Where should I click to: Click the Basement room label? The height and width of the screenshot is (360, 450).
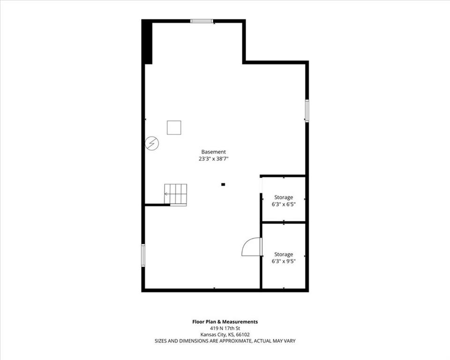tap(214, 152)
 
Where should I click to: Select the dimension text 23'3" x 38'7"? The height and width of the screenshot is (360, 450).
tap(214, 158)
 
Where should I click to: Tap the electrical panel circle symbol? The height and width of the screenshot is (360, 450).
tap(152, 143)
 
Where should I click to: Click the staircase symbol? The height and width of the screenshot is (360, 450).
tap(176, 195)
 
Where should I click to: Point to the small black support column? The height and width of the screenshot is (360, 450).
tap(223, 185)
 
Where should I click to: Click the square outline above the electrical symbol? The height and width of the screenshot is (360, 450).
tap(174, 127)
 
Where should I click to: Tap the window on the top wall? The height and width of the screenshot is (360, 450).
tap(202, 21)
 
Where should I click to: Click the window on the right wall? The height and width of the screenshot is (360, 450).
tap(307, 111)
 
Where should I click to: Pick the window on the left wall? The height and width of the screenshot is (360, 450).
tap(143, 255)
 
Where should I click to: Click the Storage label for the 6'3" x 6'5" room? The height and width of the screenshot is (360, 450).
tap(284, 197)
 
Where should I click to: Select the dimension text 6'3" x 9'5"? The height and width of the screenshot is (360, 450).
tap(284, 261)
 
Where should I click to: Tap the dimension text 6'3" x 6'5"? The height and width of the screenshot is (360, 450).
tap(284, 204)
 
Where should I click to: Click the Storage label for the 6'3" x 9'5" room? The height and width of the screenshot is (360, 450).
tap(284, 255)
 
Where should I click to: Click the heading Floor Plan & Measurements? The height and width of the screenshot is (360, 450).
tap(225, 322)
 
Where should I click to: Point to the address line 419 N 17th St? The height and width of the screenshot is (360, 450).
tap(225, 328)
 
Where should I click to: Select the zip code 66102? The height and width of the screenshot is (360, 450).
tap(243, 335)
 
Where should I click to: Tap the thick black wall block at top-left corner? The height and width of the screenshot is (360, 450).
tap(148, 42)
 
